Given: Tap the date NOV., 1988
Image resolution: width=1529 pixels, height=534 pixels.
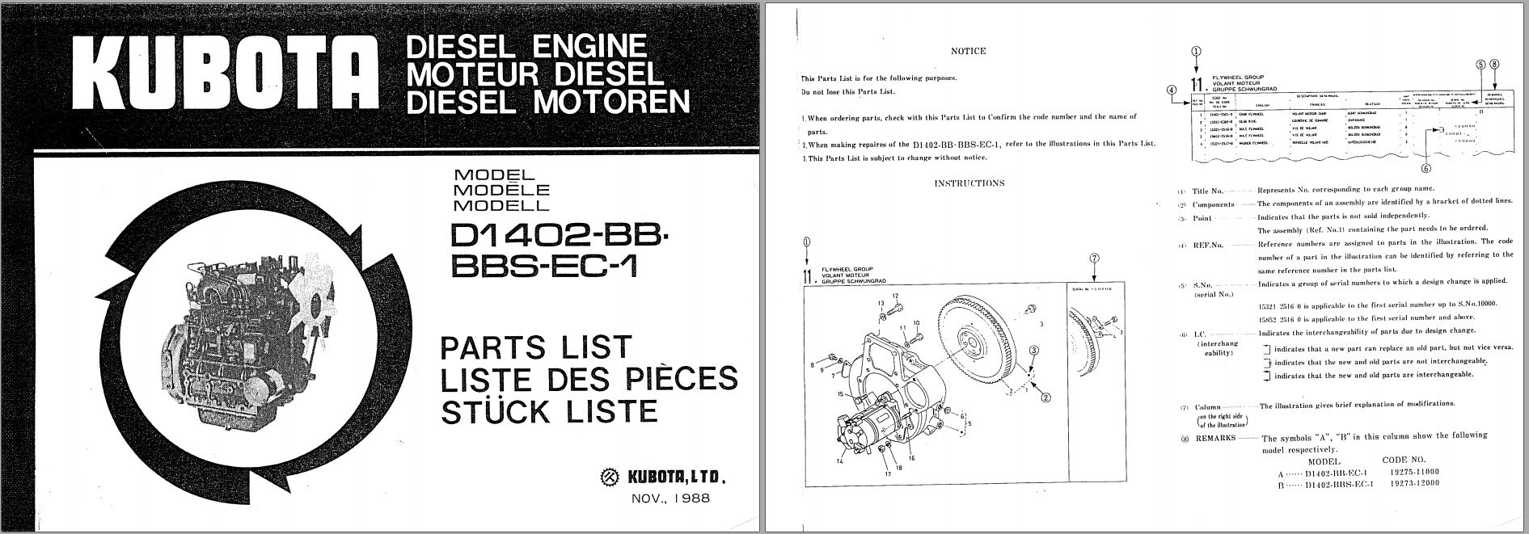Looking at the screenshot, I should [670, 498].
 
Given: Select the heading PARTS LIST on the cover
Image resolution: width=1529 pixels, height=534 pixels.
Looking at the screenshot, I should [534, 347].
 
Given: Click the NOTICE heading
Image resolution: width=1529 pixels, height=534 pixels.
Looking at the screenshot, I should [968, 51].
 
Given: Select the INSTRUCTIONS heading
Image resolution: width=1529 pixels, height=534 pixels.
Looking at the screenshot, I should [969, 183].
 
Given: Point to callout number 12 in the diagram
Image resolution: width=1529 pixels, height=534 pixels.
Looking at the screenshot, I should [896, 296].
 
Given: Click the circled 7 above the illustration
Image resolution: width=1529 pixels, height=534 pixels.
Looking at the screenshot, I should [1094, 259].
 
